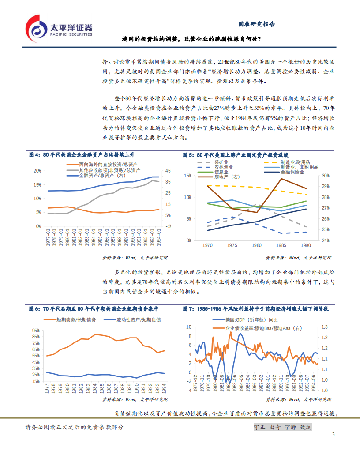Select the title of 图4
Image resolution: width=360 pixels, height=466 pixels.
[82, 155]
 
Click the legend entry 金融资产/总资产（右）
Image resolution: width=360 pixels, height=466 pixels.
[101, 176]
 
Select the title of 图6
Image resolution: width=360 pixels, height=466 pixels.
[93, 309]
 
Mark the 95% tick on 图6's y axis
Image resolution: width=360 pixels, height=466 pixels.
[36, 330]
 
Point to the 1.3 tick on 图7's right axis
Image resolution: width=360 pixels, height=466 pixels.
[324, 327]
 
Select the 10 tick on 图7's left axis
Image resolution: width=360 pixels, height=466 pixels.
[189, 327]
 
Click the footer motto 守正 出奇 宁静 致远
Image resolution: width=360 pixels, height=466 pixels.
[283, 427]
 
